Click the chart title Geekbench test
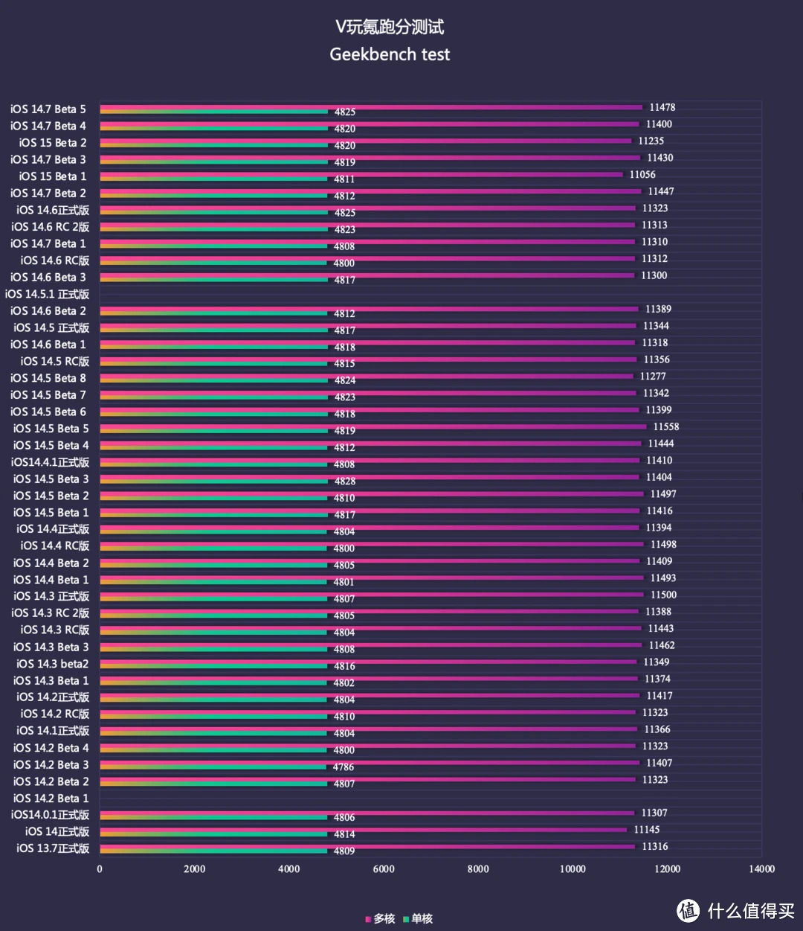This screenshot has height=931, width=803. point(390,54)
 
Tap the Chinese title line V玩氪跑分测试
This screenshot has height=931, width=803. point(390,27)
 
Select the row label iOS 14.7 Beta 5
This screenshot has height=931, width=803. point(48,109)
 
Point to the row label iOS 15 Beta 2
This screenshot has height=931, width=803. point(53,143)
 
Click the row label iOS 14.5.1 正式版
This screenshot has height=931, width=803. point(47,294)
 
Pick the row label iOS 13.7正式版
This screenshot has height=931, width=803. point(53,848)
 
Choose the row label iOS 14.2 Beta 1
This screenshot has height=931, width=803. point(51,798)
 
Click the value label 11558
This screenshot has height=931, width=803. point(665,427)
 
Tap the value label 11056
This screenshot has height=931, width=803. point(642,175)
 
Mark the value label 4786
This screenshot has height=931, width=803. point(344,767)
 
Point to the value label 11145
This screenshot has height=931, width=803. point(646,830)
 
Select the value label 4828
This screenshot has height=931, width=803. point(345,482)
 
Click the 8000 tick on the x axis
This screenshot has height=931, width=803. point(478,868)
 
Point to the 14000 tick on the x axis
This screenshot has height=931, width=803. point(761,868)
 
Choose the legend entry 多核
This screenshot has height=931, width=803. point(381,919)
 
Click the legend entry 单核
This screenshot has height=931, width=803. point(419,919)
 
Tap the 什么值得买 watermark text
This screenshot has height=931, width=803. point(751,910)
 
